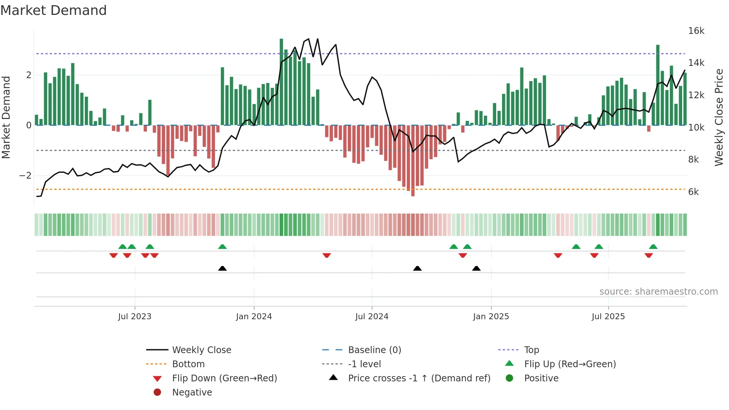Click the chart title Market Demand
click(x=54, y=10)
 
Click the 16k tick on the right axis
click(x=696, y=31)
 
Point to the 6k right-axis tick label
click(x=693, y=192)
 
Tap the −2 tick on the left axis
click(x=26, y=176)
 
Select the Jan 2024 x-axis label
click(x=254, y=317)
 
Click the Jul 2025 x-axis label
click(x=608, y=317)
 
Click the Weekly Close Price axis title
click(x=719, y=117)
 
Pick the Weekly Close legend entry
click(x=202, y=350)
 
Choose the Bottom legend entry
click(x=188, y=364)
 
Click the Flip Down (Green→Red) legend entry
click(x=224, y=378)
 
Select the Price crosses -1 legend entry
click(x=419, y=378)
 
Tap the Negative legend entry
click(x=192, y=393)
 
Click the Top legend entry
click(x=532, y=350)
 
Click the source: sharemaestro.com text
click(x=658, y=292)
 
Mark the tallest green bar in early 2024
click(x=281, y=82)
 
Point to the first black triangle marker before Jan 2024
click(x=222, y=268)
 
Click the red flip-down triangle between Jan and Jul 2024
click(x=327, y=255)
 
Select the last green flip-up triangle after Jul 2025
click(x=653, y=247)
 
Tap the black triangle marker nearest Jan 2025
click(x=476, y=268)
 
